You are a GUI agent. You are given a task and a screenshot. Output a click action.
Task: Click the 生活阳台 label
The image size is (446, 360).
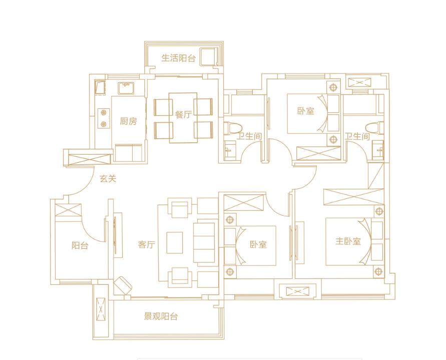(178, 58)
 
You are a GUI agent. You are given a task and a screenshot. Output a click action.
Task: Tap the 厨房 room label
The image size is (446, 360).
(128, 122)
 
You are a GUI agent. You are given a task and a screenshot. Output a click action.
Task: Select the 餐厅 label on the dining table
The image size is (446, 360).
(184, 115)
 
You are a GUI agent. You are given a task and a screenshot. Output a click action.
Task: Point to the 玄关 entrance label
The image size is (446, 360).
(108, 179)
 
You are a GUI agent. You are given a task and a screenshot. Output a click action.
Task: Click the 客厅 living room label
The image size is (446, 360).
(147, 244)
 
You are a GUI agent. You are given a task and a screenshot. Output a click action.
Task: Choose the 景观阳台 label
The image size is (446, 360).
(161, 316)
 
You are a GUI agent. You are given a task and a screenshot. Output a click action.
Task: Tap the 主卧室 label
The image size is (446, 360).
(348, 241)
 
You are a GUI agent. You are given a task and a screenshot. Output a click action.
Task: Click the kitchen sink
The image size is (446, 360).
(126, 88)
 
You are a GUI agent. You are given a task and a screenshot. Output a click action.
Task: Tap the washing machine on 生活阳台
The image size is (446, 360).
(208, 57)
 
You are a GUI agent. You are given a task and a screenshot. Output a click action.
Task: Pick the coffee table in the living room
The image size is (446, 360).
(175, 243)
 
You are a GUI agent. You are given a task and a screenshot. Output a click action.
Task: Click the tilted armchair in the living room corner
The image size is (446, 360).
(123, 285)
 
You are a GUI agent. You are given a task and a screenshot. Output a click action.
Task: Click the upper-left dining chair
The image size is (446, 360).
(163, 107)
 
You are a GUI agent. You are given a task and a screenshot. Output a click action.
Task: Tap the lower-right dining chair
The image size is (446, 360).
(203, 130)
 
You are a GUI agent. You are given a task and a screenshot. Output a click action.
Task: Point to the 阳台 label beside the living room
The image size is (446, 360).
(80, 245)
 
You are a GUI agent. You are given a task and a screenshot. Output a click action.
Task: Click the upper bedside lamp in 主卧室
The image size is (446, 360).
(378, 211)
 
